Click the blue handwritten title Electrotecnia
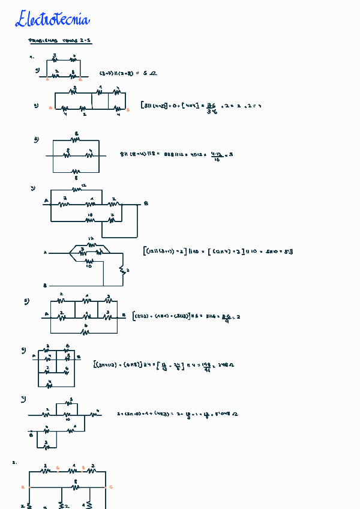click(53, 20)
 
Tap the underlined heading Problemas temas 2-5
click(60, 41)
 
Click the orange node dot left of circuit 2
click(50, 109)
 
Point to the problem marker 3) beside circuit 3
click(36, 139)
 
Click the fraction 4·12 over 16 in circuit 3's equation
click(217, 155)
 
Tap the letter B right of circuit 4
click(146, 203)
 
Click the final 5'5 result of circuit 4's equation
click(287, 251)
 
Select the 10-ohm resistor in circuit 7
click(67, 415)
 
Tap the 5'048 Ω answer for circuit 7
click(226, 414)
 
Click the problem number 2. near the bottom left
click(14, 463)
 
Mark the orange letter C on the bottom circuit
click(111, 487)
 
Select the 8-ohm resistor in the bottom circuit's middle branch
click(76, 487)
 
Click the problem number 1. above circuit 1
click(32, 57)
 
